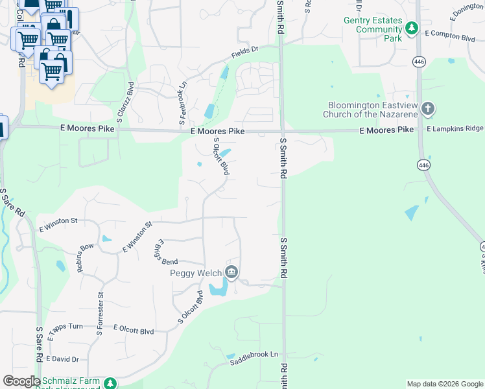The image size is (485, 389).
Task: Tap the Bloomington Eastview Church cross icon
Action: click(427, 109)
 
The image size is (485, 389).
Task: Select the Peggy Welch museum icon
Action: click(231, 272)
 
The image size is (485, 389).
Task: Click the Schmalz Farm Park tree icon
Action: click(111, 383)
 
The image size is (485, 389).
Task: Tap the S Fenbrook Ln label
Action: click(183, 104)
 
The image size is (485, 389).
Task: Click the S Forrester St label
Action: click(101, 314)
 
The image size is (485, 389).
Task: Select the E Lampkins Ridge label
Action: click(455, 129)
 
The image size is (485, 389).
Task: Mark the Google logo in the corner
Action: click(21, 381)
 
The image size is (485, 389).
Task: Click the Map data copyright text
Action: click(444, 384)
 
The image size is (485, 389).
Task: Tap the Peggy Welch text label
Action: click(196, 273)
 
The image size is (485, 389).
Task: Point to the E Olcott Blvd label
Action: click(134, 331)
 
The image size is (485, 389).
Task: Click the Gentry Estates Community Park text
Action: click(373, 29)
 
